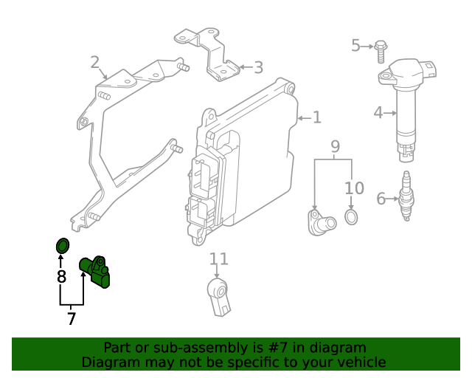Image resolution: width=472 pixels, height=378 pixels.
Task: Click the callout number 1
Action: (x=317, y=117)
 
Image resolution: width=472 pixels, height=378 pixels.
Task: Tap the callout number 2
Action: (x=95, y=62)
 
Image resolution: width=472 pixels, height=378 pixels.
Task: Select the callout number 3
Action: (x=257, y=68)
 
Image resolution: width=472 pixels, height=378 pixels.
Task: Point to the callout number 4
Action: (x=378, y=113)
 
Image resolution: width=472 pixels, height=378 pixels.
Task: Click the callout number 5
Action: (x=355, y=46)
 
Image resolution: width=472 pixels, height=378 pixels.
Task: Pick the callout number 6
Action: (x=381, y=198)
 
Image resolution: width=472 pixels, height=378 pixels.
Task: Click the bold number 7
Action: (x=72, y=319)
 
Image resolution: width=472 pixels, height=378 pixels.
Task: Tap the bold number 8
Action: (x=62, y=277)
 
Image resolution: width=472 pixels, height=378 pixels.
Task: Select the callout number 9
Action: (x=335, y=146)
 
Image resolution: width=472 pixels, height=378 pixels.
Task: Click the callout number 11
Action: (x=219, y=258)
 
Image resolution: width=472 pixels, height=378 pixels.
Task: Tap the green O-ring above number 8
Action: (x=63, y=245)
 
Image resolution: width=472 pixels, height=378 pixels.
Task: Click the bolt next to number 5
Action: (x=380, y=49)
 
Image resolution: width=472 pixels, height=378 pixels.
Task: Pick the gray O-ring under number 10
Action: (x=352, y=218)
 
